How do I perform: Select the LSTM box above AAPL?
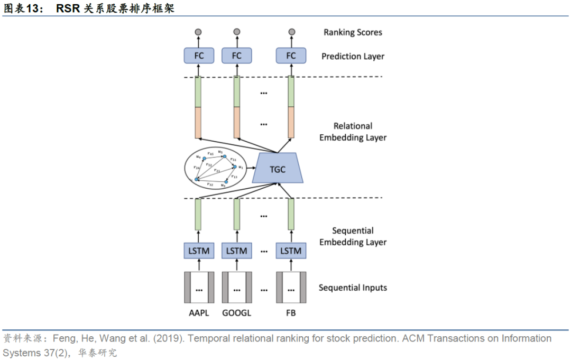coord(199,251)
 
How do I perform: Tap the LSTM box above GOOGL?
coord(236,251)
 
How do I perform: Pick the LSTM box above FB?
coord(291,251)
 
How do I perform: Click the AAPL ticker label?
coord(199,313)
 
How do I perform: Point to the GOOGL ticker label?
coord(236,313)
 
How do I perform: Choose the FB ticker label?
coord(291,313)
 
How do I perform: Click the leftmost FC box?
coord(198,56)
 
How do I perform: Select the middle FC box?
coord(236,56)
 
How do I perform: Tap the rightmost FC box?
coord(291,56)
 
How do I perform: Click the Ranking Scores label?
coord(353,33)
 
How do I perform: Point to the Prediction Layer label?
coord(353,56)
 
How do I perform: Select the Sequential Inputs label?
coord(353,288)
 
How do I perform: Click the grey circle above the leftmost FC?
coord(198,32)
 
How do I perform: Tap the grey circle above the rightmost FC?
coord(291,32)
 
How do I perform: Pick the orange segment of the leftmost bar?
coord(198,123)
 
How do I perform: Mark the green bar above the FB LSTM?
coord(291,214)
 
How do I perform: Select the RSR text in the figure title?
coord(68,9)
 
